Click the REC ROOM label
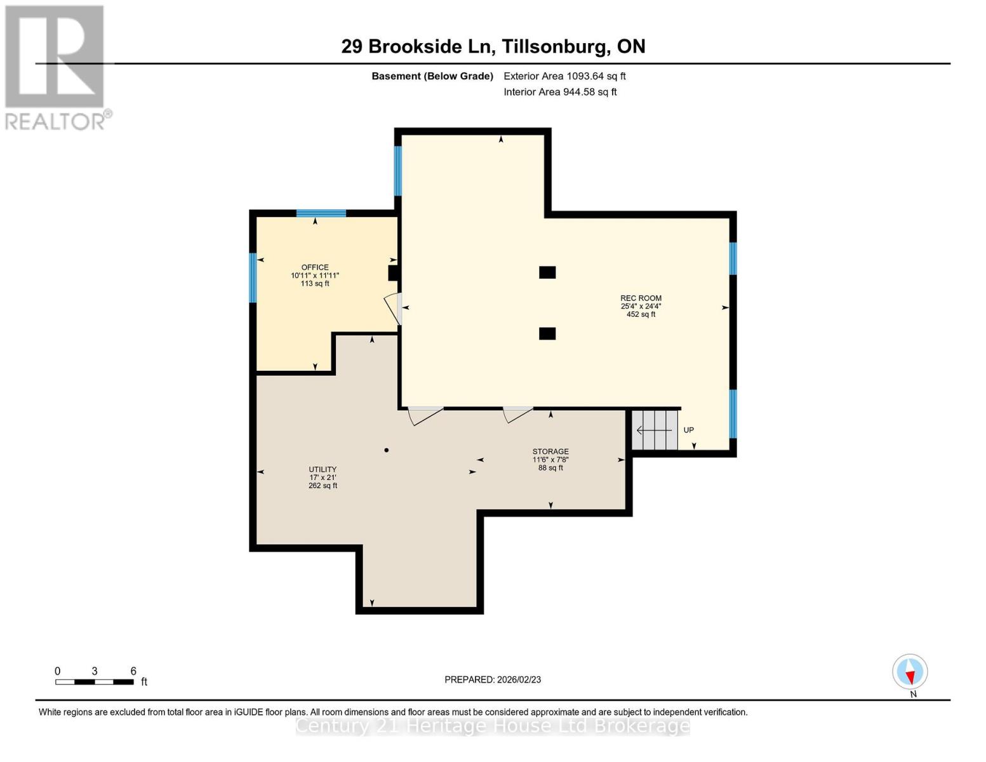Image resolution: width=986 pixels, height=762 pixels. (x=641, y=298)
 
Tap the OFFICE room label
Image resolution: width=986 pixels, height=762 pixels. (x=315, y=267)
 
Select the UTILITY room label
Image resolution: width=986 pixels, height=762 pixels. (x=323, y=469)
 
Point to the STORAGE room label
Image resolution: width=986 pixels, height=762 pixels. (x=550, y=451)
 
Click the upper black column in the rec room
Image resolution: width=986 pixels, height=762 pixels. (x=547, y=272)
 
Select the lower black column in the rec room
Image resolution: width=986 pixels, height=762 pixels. (x=547, y=333)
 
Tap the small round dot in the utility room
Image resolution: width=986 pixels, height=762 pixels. (x=386, y=450)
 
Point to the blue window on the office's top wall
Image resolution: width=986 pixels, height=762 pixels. (x=321, y=213)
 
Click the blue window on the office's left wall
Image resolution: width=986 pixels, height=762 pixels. (x=253, y=277)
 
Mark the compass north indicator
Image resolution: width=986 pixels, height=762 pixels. (x=910, y=672)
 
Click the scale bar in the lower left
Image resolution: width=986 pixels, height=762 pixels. (x=95, y=682)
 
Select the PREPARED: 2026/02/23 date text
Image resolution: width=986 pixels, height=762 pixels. (x=493, y=679)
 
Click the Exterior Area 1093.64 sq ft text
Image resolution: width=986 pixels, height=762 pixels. (x=564, y=76)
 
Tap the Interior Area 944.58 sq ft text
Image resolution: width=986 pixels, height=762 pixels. (x=560, y=92)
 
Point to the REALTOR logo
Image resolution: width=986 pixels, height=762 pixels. (x=55, y=67)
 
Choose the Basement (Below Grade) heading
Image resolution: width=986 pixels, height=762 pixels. (x=432, y=76)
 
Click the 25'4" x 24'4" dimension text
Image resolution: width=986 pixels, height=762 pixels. (x=641, y=306)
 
